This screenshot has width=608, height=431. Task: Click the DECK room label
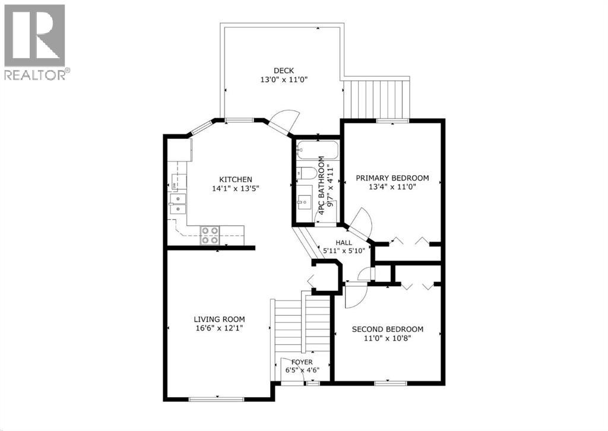coord(283,69)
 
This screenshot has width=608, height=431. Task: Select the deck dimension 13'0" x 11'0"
coord(283,79)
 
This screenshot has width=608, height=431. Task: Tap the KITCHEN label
coord(236,179)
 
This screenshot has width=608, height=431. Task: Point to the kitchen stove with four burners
coord(210,235)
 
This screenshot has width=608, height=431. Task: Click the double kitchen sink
coord(177,203)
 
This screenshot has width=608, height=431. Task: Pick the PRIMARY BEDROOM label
coord(392,178)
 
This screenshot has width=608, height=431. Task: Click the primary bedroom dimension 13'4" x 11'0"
coord(392,188)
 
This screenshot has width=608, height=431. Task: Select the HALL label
coord(344,243)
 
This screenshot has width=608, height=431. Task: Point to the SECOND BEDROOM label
coord(387,329)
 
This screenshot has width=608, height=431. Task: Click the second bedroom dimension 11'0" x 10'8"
coord(387,339)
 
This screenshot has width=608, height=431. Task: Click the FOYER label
coord(302,362)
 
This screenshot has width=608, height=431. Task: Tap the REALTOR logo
coord(36,42)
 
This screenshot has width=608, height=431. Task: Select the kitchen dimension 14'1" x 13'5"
coord(236,189)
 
